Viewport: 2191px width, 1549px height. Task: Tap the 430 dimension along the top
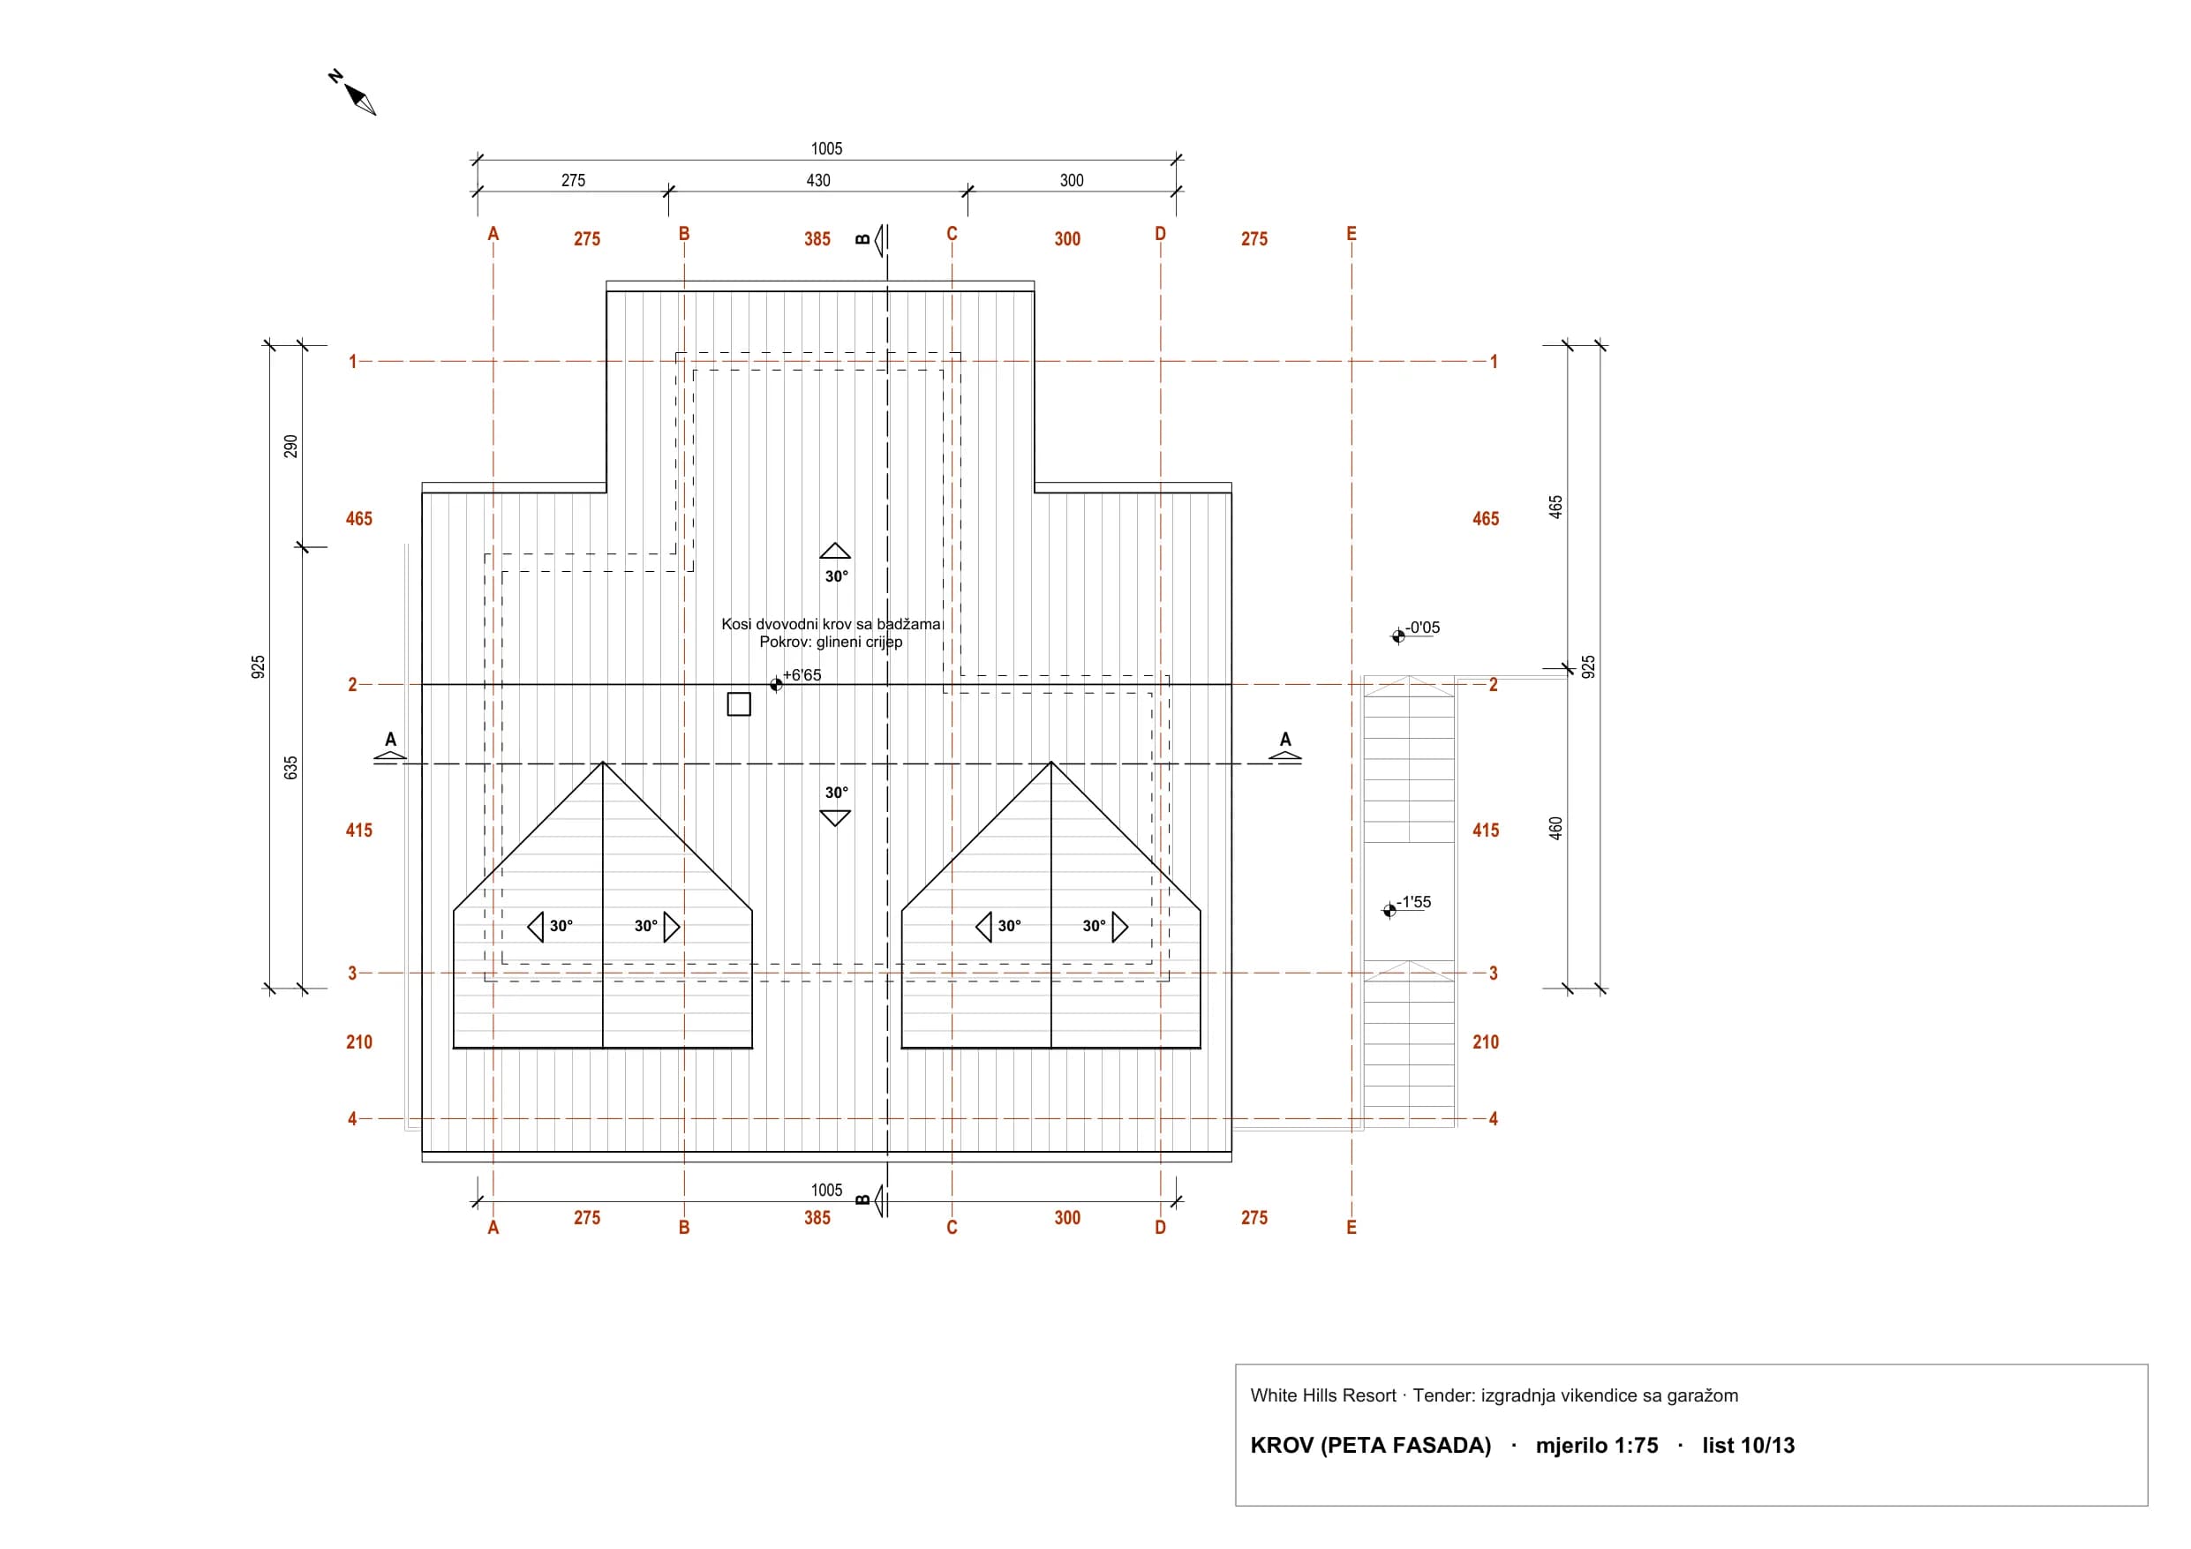(x=817, y=180)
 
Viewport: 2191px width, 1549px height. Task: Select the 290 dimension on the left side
(x=291, y=447)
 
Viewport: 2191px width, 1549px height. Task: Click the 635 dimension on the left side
(x=291, y=768)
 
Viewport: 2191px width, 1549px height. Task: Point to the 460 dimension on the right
(x=1555, y=829)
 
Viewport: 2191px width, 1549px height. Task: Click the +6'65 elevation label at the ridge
(x=802, y=675)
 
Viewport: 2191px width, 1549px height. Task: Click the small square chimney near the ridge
(x=739, y=704)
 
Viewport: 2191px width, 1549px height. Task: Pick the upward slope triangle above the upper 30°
(x=835, y=551)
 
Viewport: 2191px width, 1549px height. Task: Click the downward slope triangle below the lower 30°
(x=835, y=818)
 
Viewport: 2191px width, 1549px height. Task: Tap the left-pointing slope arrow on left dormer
(x=535, y=927)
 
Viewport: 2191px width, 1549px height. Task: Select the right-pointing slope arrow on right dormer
(x=1120, y=927)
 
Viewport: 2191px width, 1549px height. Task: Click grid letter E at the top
(x=1351, y=234)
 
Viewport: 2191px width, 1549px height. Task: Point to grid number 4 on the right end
(x=1494, y=1118)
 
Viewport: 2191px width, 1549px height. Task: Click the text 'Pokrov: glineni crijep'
(x=832, y=642)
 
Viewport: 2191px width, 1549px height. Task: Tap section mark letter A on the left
(x=390, y=739)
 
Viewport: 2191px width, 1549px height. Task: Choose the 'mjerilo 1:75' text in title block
(x=1597, y=1445)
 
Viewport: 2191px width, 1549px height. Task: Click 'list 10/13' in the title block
(x=1748, y=1445)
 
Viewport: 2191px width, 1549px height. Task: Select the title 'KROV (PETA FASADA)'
(x=1370, y=1445)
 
